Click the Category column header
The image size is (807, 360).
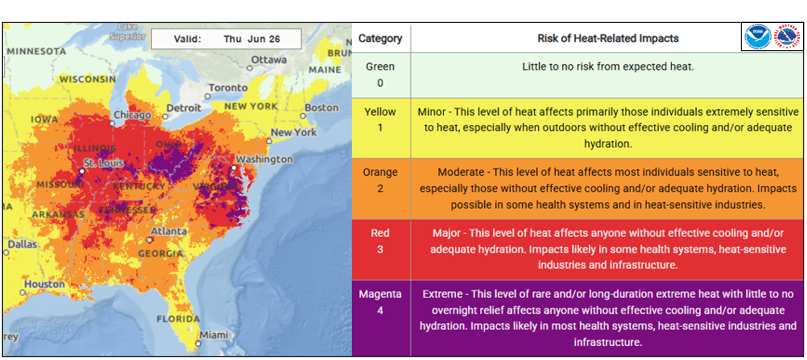[x=380, y=39]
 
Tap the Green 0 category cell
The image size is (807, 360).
[x=380, y=75]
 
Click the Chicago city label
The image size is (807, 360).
[x=132, y=115]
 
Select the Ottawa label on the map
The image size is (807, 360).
[x=269, y=59]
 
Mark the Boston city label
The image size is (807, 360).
[x=321, y=107]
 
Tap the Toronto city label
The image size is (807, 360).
[x=228, y=87]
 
